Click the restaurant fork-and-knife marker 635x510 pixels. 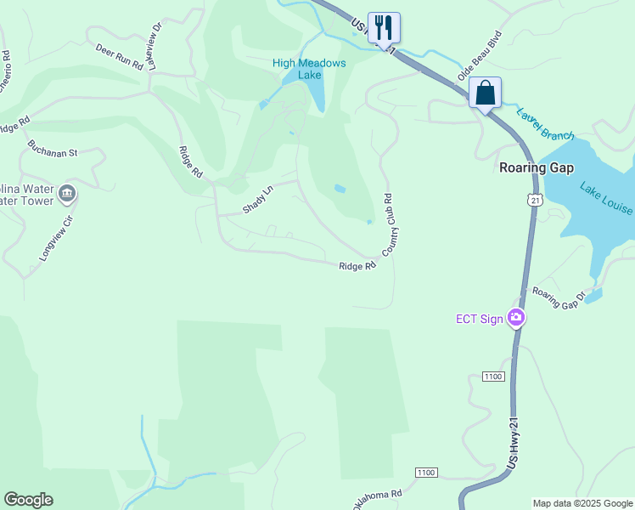(x=384, y=28)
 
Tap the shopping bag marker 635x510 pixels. (x=485, y=93)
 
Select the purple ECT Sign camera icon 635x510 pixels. (x=515, y=319)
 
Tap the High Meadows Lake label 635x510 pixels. (x=309, y=69)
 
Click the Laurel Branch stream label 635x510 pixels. (x=545, y=124)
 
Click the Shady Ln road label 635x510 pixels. (x=258, y=200)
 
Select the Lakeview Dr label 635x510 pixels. (x=156, y=56)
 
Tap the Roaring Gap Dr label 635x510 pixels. (x=559, y=297)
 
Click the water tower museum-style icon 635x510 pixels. (x=66, y=195)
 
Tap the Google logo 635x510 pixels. (x=28, y=500)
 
